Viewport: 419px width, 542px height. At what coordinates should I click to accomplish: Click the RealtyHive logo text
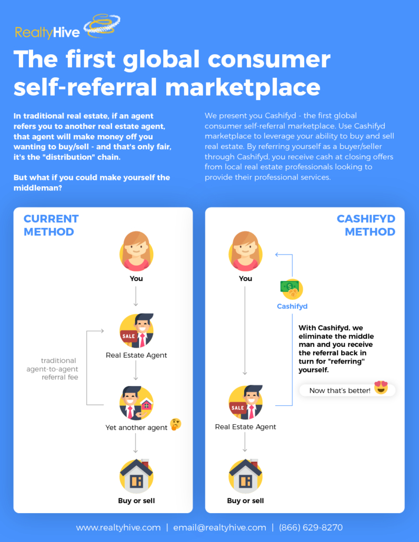47,33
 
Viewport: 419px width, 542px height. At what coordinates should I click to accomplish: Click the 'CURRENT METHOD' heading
51,225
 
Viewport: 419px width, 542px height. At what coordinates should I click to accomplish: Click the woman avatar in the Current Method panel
136,250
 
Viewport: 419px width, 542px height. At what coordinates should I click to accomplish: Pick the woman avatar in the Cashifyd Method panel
245,250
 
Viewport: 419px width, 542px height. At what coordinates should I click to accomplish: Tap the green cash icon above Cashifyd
292,288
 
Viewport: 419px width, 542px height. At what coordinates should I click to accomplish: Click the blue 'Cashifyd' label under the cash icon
292,306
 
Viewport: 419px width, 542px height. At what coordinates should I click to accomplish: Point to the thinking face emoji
175,425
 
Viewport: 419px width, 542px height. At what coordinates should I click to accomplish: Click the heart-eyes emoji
381,387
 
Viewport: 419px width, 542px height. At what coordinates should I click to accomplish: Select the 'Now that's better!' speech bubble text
340,390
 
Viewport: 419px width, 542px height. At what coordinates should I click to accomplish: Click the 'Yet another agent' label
136,428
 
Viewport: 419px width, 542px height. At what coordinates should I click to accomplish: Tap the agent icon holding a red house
136,403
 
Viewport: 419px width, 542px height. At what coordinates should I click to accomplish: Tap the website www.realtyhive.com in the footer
118,527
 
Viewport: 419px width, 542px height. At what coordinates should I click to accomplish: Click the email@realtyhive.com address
220,527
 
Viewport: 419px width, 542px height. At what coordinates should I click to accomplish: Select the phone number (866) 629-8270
311,527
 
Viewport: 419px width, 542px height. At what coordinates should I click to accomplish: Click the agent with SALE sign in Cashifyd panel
245,403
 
